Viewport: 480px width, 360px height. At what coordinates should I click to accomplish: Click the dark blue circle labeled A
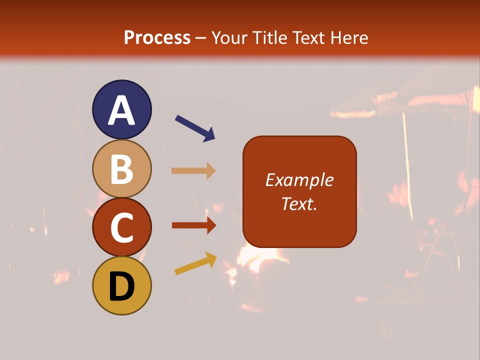[122, 109]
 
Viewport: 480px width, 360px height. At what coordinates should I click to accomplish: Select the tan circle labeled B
[122, 168]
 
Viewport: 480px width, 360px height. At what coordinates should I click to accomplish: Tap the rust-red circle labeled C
[122, 227]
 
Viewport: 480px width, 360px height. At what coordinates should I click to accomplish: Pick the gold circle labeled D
[122, 285]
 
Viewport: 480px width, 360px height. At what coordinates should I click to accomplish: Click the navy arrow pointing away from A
[195, 128]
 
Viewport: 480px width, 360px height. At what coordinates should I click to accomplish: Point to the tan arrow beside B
[193, 171]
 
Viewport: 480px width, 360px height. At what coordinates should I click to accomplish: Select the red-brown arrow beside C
[193, 225]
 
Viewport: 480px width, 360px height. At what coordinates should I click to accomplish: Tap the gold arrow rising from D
[195, 264]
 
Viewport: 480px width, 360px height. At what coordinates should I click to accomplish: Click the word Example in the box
[299, 180]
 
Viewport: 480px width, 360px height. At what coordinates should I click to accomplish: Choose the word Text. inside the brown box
[299, 203]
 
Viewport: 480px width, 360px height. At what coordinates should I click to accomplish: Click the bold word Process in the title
[157, 38]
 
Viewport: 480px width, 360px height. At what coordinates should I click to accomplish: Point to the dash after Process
[201, 38]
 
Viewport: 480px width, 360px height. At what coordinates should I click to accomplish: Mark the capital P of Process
[130, 38]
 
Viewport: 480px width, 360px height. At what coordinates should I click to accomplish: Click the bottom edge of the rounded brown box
[299, 247]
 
